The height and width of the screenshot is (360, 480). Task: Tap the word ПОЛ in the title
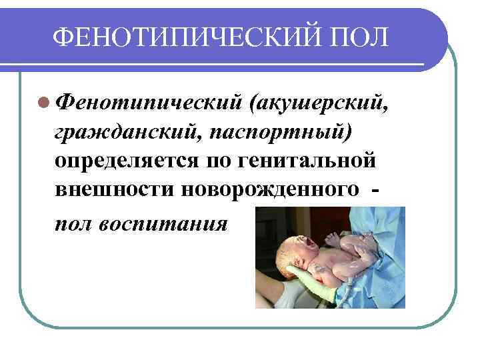pos(357,35)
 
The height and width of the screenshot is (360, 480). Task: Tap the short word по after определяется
pos(219,161)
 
